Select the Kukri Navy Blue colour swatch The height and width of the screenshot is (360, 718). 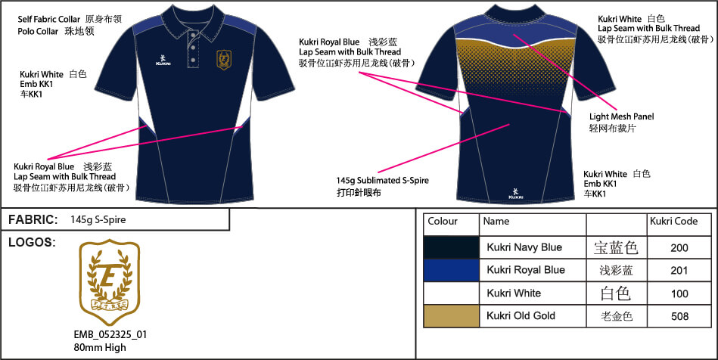[451, 247]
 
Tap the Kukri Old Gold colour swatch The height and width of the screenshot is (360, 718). [451, 316]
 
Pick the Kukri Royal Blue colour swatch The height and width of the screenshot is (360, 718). [451, 270]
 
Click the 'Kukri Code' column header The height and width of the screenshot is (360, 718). [673, 222]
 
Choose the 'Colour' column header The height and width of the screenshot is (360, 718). [443, 222]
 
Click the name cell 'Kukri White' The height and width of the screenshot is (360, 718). [514, 293]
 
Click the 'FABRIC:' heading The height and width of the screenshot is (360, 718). [33, 220]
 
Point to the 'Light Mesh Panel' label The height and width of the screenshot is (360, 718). [621, 116]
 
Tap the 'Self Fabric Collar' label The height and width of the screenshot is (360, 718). [49, 17]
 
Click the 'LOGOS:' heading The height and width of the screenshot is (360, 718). [31, 243]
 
